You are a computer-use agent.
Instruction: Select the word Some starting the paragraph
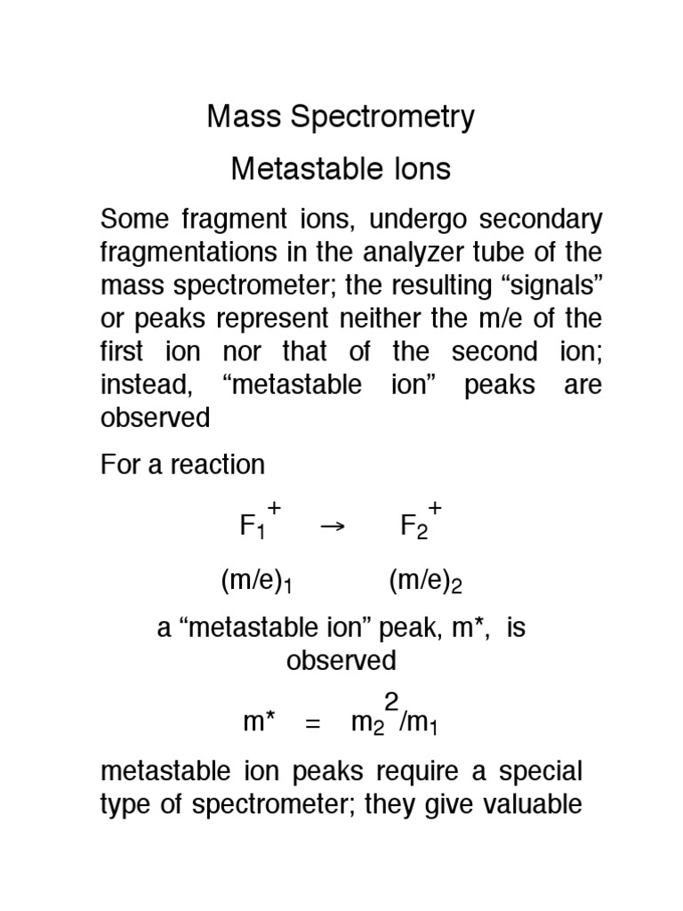(133, 219)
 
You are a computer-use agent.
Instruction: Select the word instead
(138, 385)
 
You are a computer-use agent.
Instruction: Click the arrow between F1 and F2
(331, 526)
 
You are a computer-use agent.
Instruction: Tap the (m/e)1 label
(257, 583)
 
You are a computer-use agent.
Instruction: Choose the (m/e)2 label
(426, 583)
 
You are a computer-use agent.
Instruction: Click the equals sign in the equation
(312, 724)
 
